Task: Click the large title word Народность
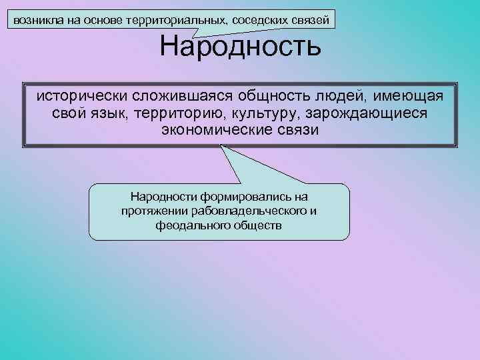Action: pyautogui.click(x=240, y=47)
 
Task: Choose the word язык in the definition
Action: pyautogui.click(x=107, y=113)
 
